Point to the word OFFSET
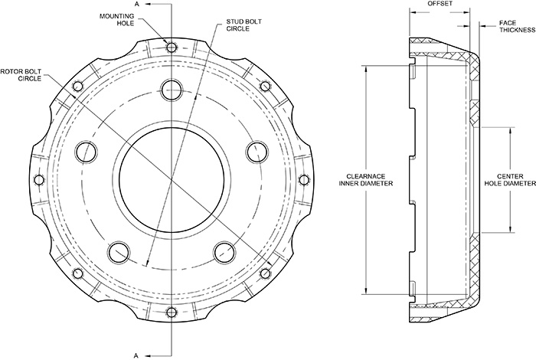tap(440, 5)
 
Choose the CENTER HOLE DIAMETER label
tap(513, 179)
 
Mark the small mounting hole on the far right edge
tap(303, 179)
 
